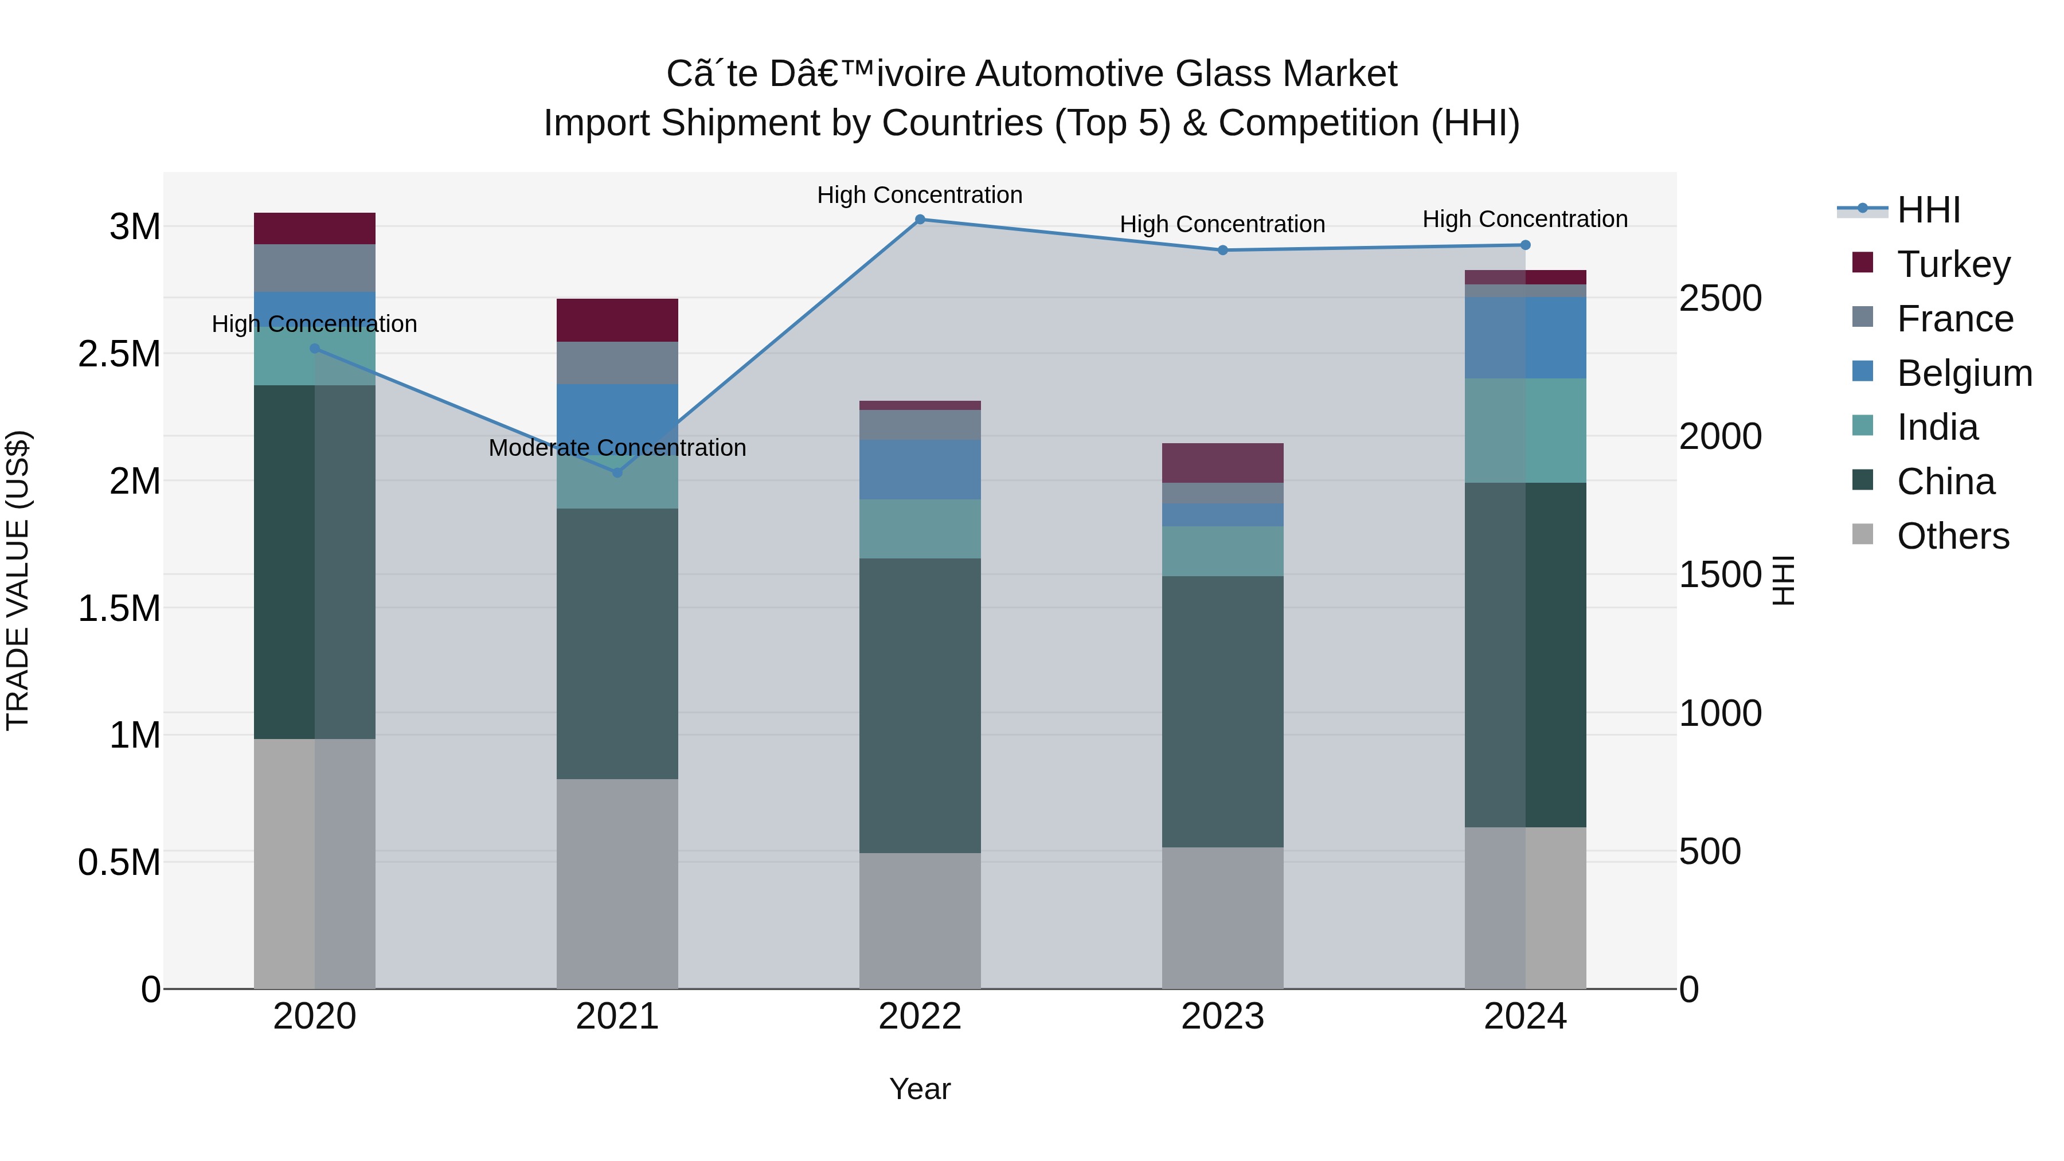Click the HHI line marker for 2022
pos(920,220)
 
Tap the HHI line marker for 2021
pos(617,473)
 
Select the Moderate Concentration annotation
pos(617,448)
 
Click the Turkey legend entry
pos(1953,264)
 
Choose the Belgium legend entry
pos(1963,373)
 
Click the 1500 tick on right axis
pos(1719,574)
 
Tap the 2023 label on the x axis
pos(1222,1017)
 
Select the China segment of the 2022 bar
pos(920,705)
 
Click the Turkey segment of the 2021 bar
pos(617,320)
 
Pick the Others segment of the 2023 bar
pos(1222,917)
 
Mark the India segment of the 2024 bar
pos(1524,430)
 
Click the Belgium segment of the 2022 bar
pos(920,470)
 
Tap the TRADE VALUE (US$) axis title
pos(18,580)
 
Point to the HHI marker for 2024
pos(1524,245)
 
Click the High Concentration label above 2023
pos(1222,224)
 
